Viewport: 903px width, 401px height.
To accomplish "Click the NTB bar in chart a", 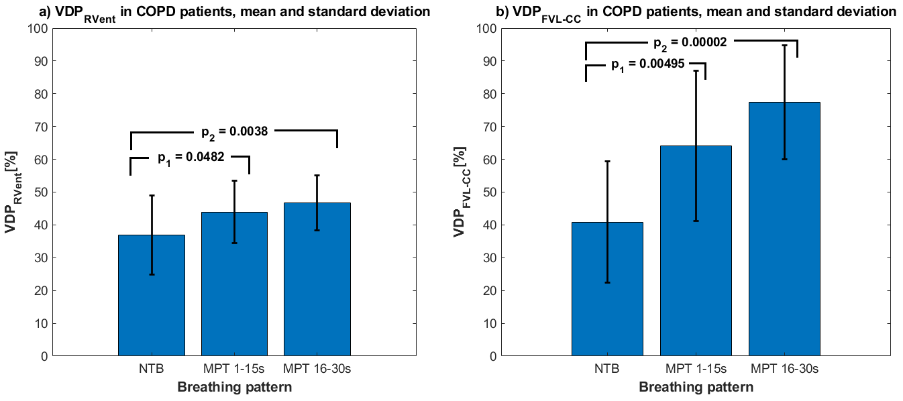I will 152,302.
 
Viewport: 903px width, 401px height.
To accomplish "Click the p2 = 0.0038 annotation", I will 235,132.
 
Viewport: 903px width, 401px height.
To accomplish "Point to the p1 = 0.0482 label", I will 191,158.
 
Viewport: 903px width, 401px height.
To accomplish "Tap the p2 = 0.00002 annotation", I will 690,42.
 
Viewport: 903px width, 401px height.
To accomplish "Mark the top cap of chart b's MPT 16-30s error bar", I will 784,45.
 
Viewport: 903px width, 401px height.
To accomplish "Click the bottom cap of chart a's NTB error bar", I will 152,274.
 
